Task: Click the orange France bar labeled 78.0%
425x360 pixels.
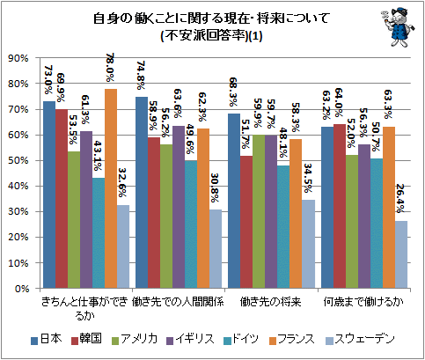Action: (111, 188)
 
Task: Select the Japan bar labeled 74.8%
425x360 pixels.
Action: (142, 193)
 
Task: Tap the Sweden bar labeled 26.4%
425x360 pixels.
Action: (401, 254)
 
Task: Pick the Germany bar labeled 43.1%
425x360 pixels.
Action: (99, 233)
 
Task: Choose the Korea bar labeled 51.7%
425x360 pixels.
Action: (246, 222)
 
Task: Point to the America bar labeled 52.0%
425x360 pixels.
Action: (352, 222)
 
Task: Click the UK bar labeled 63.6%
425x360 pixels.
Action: (179, 207)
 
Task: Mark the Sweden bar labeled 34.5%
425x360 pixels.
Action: (309, 244)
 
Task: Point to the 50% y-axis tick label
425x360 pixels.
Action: (20, 160)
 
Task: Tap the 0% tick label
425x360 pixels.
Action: (23, 289)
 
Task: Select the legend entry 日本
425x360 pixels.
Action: (47, 339)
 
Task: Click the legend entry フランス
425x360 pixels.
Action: (292, 339)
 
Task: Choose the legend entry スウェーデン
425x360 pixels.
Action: (361, 339)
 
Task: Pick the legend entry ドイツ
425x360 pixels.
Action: (241, 339)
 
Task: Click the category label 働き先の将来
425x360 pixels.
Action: (270, 302)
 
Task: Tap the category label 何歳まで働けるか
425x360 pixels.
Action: (363, 302)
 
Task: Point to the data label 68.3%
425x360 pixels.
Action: (233, 92)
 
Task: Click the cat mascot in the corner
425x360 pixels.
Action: (399, 26)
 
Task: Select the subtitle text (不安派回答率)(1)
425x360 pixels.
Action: (212, 36)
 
